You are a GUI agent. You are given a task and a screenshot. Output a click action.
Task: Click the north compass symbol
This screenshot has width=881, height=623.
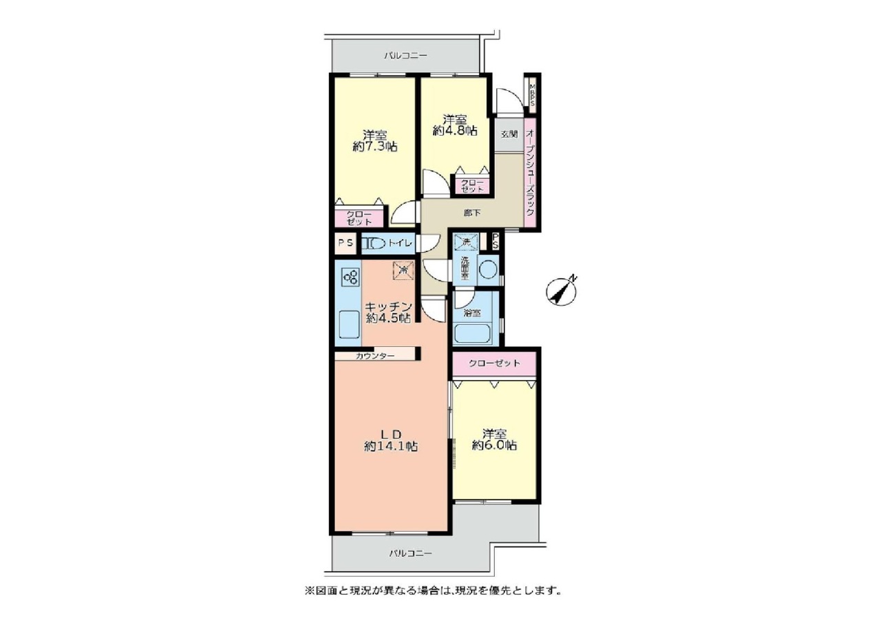coord(561,292)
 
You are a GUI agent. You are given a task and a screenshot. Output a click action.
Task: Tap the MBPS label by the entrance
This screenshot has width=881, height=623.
coord(532,96)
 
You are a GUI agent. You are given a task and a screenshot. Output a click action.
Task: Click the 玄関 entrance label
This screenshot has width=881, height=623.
coord(509,134)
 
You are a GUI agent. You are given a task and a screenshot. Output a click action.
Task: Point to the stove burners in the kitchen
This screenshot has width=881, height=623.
coord(76,277)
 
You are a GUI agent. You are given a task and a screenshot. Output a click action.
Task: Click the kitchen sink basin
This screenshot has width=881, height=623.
coord(74,324)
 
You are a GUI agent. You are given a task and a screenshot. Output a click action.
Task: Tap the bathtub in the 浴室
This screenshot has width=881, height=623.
coord(472,334)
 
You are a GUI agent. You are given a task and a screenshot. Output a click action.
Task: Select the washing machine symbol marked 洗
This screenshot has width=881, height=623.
coord(466,242)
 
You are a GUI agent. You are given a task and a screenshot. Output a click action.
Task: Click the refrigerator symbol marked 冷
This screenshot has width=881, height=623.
coord(403,271)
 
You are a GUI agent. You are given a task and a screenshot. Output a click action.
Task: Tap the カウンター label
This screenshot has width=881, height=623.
coord(375,356)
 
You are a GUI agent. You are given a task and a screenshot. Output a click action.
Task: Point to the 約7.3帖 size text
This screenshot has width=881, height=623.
coord(375,147)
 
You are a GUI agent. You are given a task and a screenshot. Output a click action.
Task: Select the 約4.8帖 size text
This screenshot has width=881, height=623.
coord(455,131)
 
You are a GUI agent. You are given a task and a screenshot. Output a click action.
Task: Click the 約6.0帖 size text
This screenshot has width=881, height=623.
coord(494,445)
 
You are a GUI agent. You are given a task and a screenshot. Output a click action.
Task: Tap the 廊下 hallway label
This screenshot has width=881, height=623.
coord(472,213)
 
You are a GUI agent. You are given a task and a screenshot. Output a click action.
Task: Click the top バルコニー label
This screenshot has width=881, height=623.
coord(405,56)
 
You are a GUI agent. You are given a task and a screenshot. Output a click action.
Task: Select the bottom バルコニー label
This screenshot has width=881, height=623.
coord(411,553)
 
